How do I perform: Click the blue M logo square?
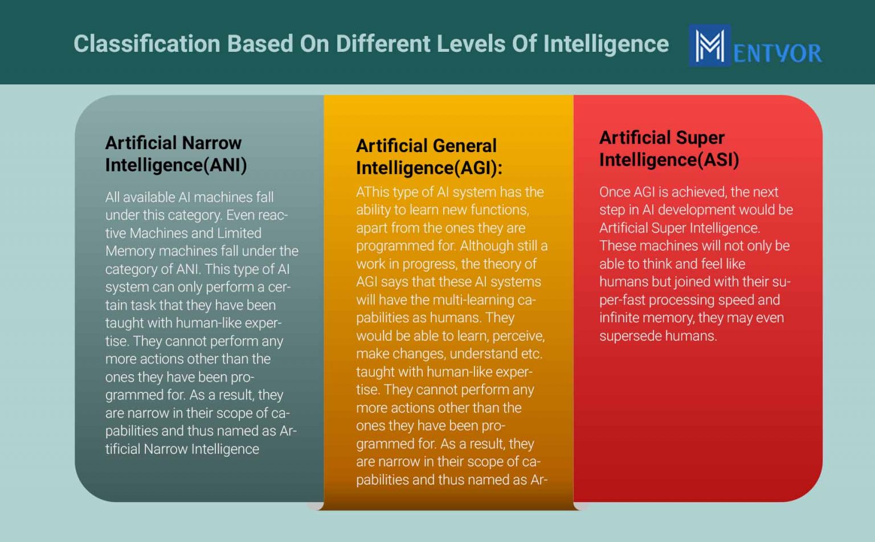[709, 46]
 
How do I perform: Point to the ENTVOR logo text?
[777, 54]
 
